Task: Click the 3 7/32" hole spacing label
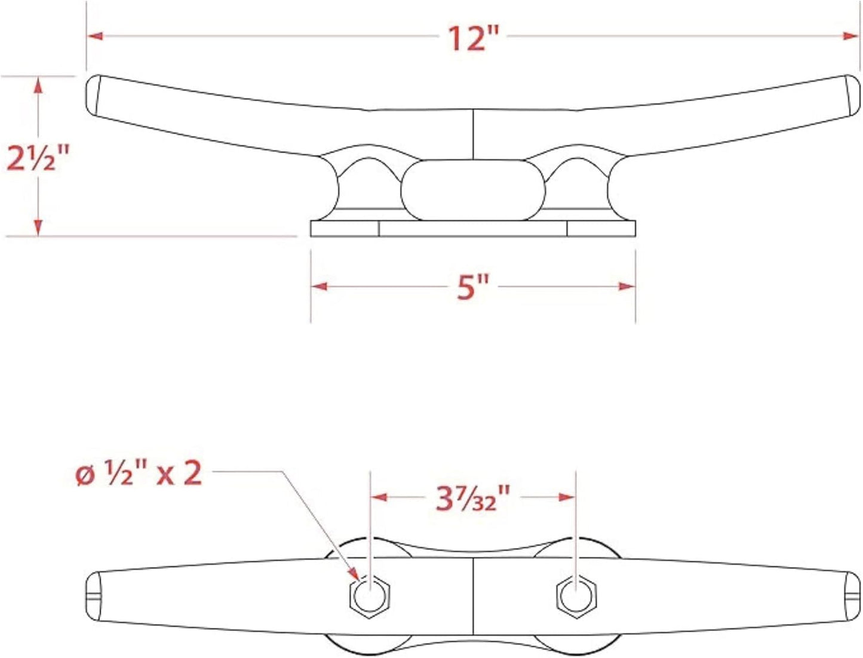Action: pyautogui.click(x=472, y=498)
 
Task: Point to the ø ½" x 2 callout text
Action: pyautogui.click(x=140, y=475)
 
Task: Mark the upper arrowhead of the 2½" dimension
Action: pyautogui.click(x=38, y=85)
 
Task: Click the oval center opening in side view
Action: pyautogui.click(x=472, y=190)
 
